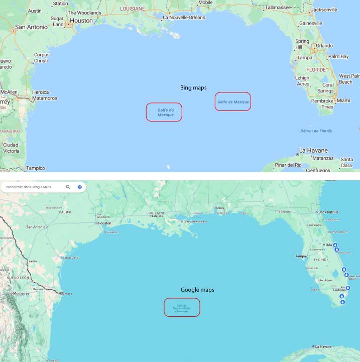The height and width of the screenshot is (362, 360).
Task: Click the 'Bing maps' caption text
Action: pos(193,88)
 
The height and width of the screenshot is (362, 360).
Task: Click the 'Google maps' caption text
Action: pos(197,290)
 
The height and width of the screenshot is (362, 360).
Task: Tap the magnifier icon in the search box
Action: pos(68,187)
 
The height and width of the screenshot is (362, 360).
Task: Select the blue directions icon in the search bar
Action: pos(79,187)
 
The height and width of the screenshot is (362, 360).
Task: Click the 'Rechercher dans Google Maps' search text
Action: pos(28,187)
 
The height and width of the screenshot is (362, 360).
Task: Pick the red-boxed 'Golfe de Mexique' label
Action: pos(232,102)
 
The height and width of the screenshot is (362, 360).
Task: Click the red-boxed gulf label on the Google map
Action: pos(182,307)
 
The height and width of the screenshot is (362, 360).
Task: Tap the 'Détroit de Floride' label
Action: pos(316,131)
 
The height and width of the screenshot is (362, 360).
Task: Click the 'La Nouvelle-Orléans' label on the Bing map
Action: pos(184,17)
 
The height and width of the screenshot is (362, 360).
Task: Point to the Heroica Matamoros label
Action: pos(44,95)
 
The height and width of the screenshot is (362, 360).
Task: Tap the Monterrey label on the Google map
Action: pos(21,293)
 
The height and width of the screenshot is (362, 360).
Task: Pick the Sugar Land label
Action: pos(57,21)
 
